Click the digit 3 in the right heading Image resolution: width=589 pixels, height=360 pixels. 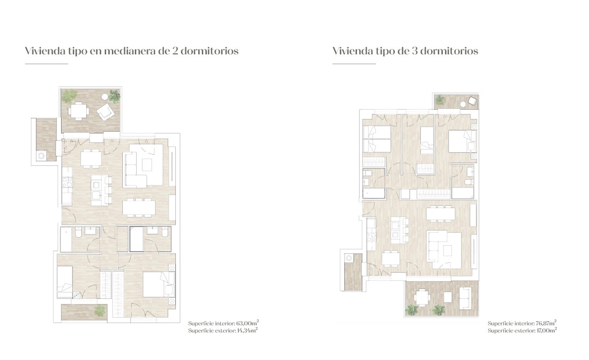click(414, 51)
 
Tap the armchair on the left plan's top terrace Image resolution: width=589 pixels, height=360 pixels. click(106, 112)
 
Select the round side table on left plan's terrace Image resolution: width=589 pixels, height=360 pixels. click(104, 97)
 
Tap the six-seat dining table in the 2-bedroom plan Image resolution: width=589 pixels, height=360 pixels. click(139, 208)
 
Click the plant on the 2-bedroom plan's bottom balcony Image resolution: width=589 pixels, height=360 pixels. click(100, 311)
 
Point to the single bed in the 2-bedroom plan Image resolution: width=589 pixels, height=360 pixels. click(65, 281)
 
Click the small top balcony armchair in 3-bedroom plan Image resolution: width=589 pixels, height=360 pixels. click(472, 101)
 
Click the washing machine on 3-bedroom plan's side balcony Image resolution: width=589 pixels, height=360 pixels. click(349, 258)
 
